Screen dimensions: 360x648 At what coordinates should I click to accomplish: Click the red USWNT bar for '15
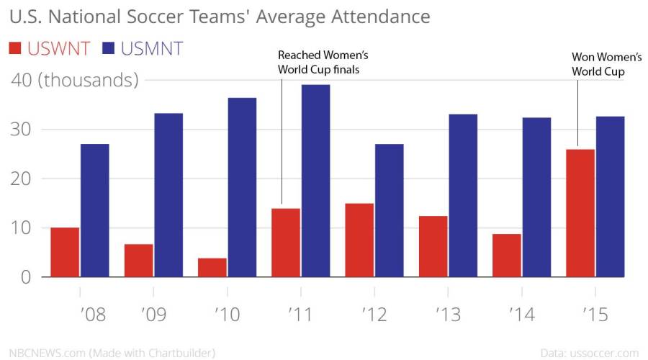(x=580, y=213)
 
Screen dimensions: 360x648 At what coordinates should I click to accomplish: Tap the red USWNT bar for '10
(x=212, y=267)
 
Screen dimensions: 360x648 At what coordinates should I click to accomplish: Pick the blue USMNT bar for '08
(x=94, y=210)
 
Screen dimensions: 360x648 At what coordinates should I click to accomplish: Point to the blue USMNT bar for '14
(x=536, y=197)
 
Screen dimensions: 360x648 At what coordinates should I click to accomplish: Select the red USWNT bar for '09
(x=138, y=261)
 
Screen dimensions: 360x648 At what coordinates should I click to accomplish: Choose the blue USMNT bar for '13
(x=463, y=195)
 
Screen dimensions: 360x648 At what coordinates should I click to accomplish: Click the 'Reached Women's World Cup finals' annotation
(x=318, y=63)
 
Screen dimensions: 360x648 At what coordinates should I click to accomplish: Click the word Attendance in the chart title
(x=369, y=16)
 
